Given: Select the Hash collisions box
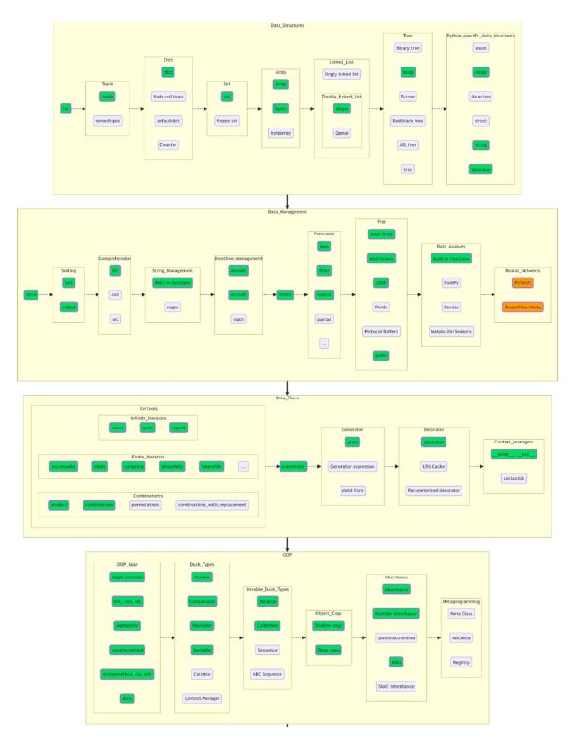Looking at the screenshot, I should point(169,96).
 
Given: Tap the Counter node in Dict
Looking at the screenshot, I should point(169,145).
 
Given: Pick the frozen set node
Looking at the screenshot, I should point(226,121).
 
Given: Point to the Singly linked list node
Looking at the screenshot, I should point(341,74).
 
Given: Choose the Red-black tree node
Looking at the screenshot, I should point(407,121).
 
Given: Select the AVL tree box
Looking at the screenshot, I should point(407,145).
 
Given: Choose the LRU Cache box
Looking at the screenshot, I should point(433,465).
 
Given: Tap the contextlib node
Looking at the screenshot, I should point(514,477).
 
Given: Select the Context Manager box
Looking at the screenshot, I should point(204,698).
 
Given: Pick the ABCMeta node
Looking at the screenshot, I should point(461,637).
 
